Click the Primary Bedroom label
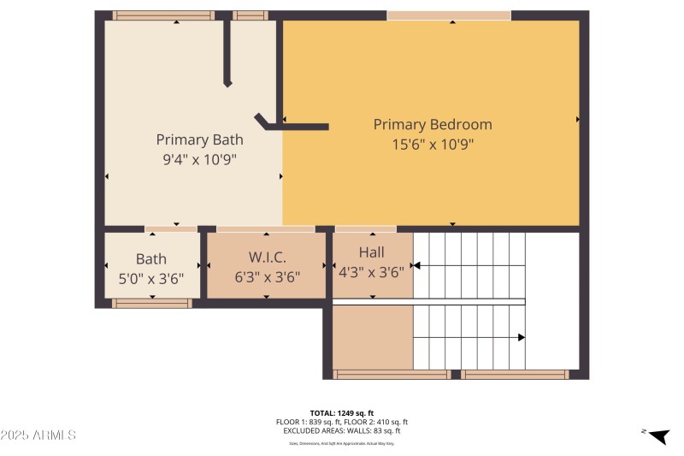(x=432, y=124)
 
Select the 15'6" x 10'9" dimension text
(x=432, y=145)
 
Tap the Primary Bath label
(x=199, y=139)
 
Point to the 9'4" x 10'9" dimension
(x=199, y=159)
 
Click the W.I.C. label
(x=267, y=257)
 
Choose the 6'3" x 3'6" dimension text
(x=267, y=276)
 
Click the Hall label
(x=372, y=252)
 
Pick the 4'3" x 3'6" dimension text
(x=372, y=272)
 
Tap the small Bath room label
(x=151, y=258)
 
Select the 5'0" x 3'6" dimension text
(x=151, y=277)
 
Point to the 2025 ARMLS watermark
(x=38, y=435)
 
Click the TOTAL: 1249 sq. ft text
(x=341, y=412)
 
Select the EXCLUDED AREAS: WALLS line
(x=341, y=430)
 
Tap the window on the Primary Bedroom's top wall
(x=448, y=15)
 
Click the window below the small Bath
(x=152, y=303)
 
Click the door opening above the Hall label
(x=365, y=229)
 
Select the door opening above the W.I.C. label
(x=265, y=229)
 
